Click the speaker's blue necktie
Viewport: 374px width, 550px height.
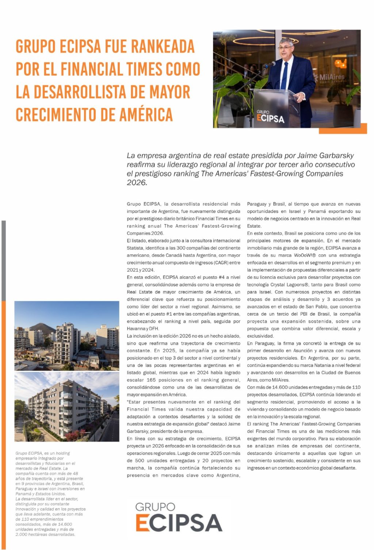tap(284, 76)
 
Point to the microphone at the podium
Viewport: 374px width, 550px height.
tap(270, 65)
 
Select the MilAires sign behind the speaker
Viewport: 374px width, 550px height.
tap(331, 78)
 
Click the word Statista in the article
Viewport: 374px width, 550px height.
tap(135, 248)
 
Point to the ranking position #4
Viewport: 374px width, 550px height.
tap(222, 277)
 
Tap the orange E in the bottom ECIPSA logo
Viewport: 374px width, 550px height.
tap(142, 523)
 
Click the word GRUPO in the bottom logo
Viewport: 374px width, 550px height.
tap(155, 507)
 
